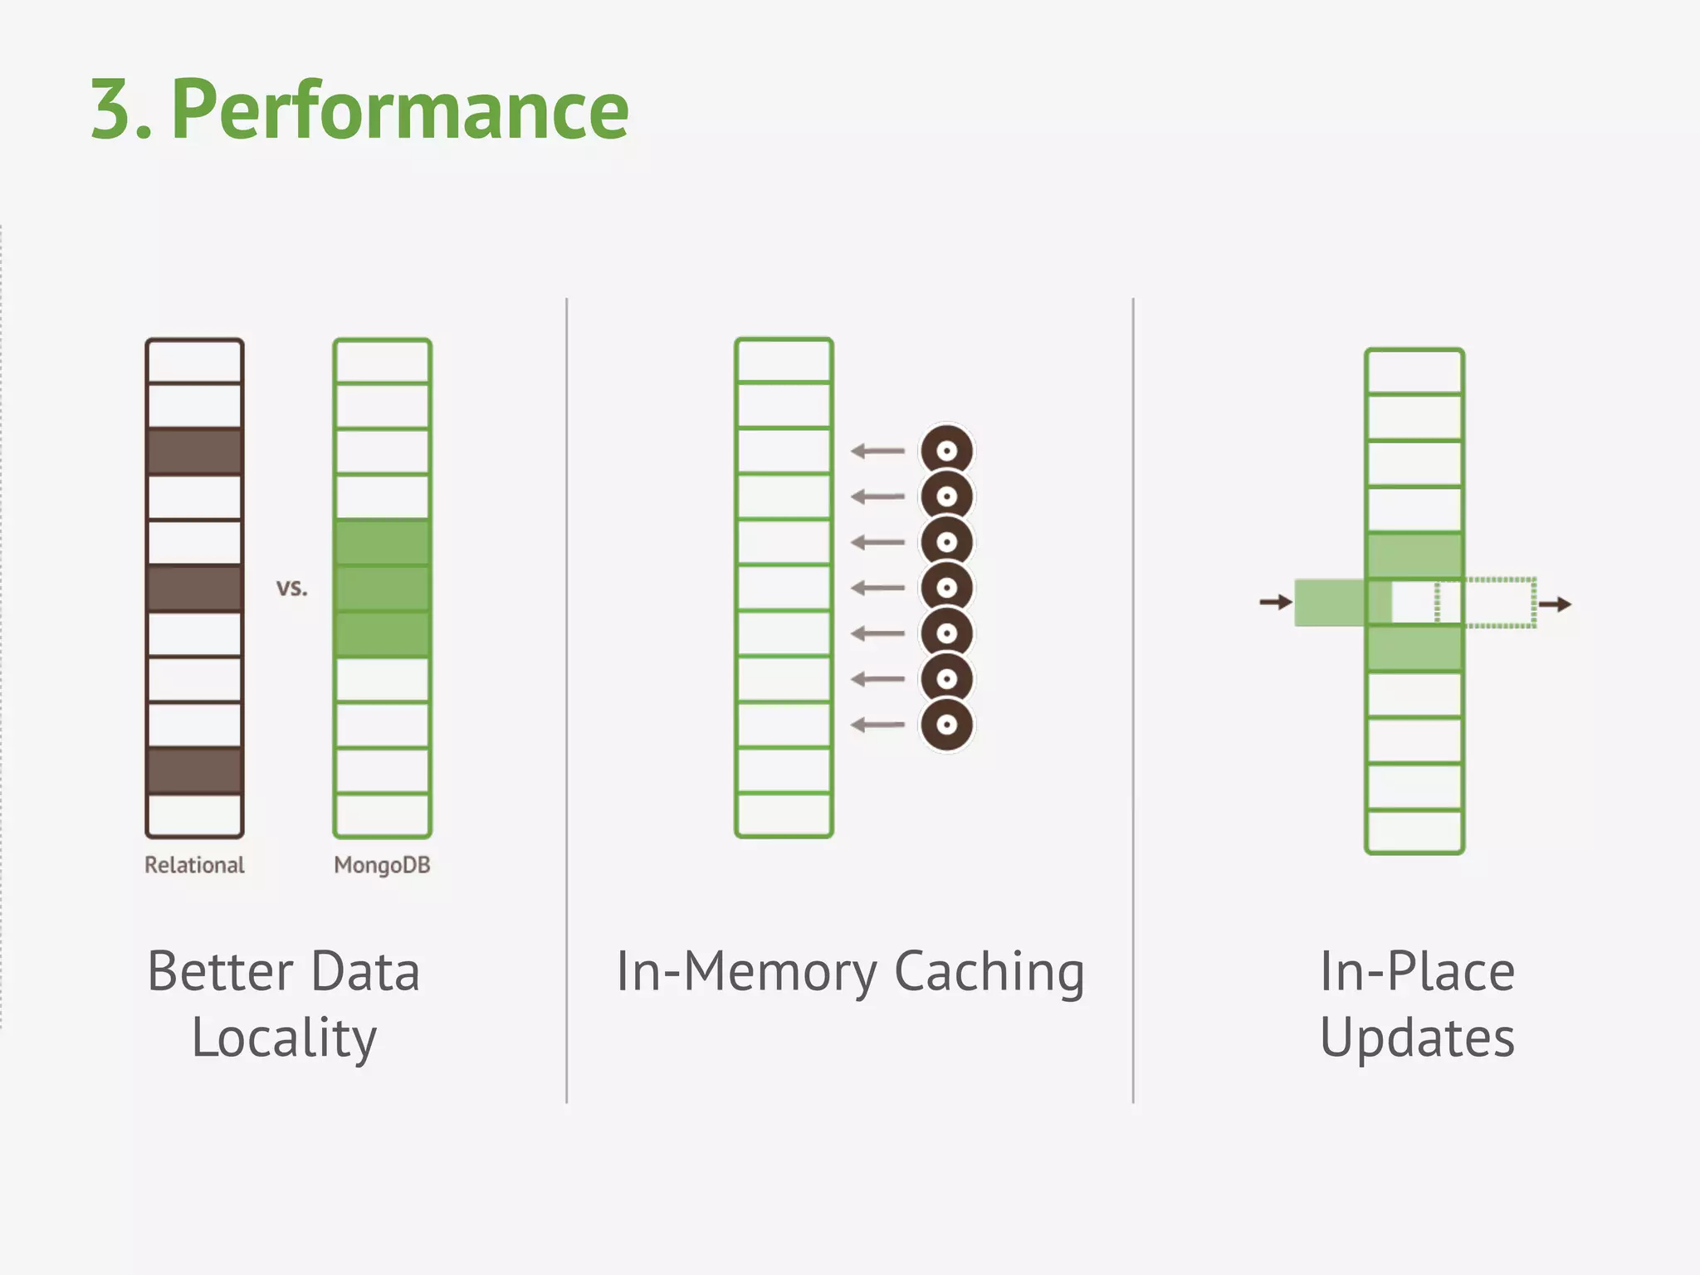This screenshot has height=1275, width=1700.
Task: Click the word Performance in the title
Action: tap(400, 110)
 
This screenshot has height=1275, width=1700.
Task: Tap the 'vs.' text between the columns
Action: tap(291, 588)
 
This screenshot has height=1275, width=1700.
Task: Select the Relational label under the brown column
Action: tap(194, 865)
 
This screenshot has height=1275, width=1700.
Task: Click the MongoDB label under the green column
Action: tap(382, 865)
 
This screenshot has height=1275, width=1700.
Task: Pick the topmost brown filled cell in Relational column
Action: tap(194, 452)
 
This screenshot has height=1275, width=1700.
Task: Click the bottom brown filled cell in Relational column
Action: tap(194, 770)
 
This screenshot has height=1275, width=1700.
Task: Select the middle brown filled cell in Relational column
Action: tap(194, 589)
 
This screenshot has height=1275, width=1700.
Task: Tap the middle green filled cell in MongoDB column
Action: tap(382, 589)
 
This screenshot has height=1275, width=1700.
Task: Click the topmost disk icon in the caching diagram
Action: tap(946, 452)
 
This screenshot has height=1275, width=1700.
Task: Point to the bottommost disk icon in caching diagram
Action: tap(946, 725)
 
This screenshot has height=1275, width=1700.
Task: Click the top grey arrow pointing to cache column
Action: tap(877, 452)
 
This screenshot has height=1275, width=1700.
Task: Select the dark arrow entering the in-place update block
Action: tap(1276, 602)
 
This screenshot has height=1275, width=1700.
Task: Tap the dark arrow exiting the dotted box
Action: tap(1556, 603)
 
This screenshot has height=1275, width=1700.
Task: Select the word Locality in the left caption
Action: tap(284, 1038)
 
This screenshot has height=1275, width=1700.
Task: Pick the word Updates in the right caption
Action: tap(1417, 1038)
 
